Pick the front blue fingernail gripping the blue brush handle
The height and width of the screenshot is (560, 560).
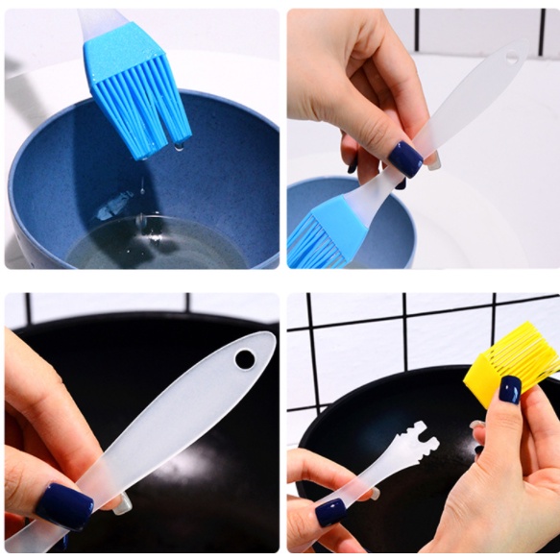[x=404, y=158]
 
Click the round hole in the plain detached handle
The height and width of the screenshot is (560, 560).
[x=245, y=358]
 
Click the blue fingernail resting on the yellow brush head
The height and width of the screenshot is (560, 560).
[x=509, y=389]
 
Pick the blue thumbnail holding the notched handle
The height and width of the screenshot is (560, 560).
[x=330, y=510]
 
